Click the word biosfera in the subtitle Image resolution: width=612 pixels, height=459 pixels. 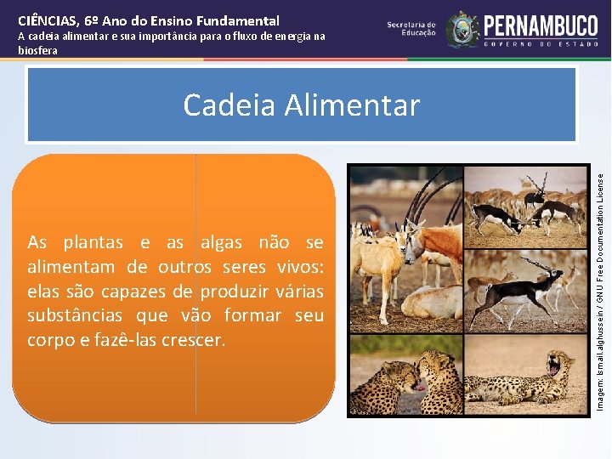point(38,50)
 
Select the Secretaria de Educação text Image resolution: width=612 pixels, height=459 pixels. point(411,30)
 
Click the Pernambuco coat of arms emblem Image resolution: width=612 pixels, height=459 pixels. point(462,29)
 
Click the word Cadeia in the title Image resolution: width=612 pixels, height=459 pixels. point(227,105)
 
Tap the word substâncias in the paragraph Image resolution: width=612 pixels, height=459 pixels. point(70,315)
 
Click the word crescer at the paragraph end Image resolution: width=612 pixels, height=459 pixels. point(196,340)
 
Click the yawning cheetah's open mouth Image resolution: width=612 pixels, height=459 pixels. point(558,367)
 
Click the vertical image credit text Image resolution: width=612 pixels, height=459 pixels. point(601,280)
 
